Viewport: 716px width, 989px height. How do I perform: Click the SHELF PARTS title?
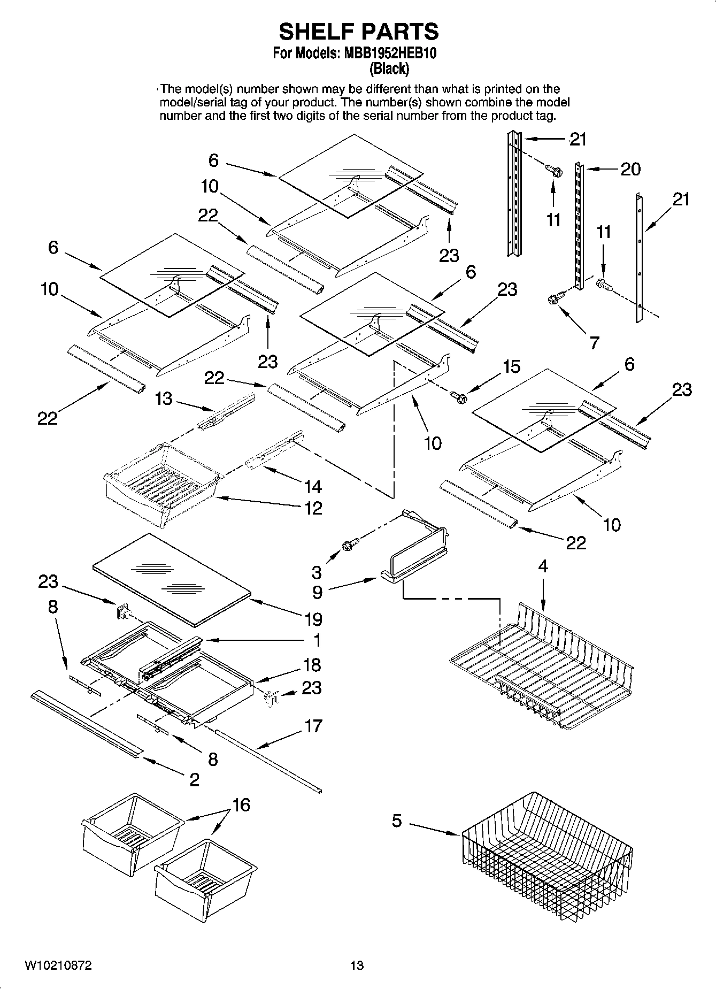point(359,32)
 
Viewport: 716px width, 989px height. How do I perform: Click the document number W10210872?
point(58,965)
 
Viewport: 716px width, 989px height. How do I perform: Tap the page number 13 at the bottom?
point(357,965)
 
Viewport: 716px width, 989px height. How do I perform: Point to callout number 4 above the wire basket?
point(543,566)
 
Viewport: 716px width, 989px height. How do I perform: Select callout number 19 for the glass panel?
point(313,619)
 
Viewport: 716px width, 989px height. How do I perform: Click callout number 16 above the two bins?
point(241,805)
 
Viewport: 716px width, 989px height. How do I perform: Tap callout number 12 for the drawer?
point(313,508)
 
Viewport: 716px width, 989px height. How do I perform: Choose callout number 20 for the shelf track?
point(630,169)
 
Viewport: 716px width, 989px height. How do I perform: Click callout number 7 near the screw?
point(595,343)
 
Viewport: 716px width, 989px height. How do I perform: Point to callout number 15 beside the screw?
point(511,367)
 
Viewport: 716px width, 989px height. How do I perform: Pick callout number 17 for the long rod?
point(313,726)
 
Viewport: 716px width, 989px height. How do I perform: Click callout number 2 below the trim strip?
point(194,779)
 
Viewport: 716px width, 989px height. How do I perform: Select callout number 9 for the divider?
point(317,592)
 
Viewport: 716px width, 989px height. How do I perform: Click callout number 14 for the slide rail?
point(313,486)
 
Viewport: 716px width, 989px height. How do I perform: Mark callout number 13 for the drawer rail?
point(164,398)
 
